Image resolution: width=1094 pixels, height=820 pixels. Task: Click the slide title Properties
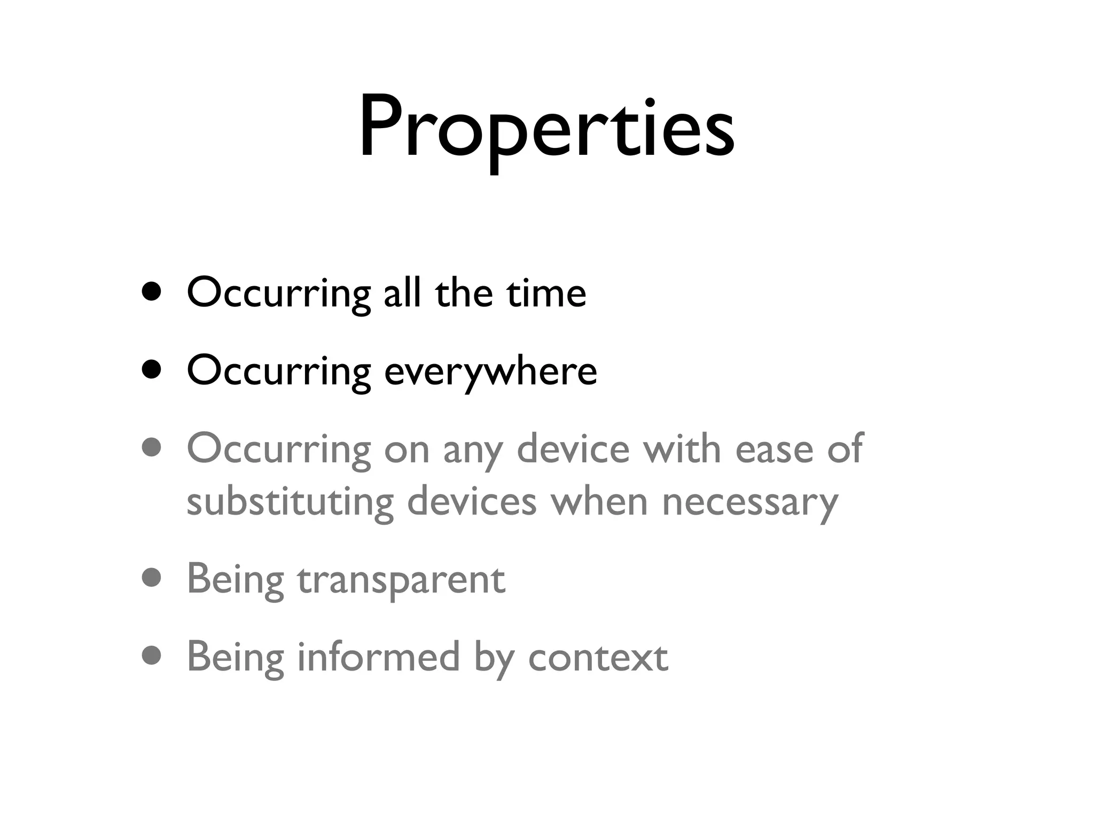pos(546,128)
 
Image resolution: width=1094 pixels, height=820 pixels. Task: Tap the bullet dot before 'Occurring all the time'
pos(152,292)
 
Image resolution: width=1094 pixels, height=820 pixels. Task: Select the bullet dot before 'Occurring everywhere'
pos(152,370)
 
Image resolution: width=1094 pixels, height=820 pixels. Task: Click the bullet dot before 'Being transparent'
pos(152,578)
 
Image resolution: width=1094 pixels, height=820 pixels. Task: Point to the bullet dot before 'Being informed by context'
pos(152,656)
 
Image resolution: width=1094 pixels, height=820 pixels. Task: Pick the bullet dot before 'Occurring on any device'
pos(152,448)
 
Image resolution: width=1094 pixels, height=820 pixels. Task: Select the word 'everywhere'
pos(490,372)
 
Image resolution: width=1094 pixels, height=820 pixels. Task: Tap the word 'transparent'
pos(401,581)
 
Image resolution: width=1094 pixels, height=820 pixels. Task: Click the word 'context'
pos(598,658)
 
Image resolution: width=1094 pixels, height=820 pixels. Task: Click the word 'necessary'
pos(750,503)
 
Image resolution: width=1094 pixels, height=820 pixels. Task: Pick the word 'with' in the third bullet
pos(682,448)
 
